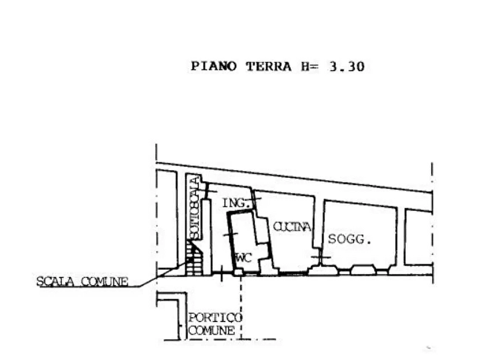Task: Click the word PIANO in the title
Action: tap(214, 67)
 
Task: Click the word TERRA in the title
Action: tap(268, 67)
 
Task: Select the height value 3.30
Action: tap(347, 67)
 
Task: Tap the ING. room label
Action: tap(234, 203)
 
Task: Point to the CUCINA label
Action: tap(292, 227)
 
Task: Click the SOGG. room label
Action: tap(350, 239)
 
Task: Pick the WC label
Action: tap(243, 258)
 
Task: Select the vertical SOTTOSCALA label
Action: tap(194, 208)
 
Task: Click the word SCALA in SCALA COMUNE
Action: tap(55, 282)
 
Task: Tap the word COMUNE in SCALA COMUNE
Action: tap(104, 282)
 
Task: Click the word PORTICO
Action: tap(215, 318)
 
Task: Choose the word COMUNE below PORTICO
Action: tap(212, 330)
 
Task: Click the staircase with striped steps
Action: tap(194, 258)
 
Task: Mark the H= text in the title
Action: tap(310, 67)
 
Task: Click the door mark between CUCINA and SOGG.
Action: tap(320, 256)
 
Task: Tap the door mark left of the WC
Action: tap(231, 234)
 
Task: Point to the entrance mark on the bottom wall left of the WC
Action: tap(222, 273)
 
